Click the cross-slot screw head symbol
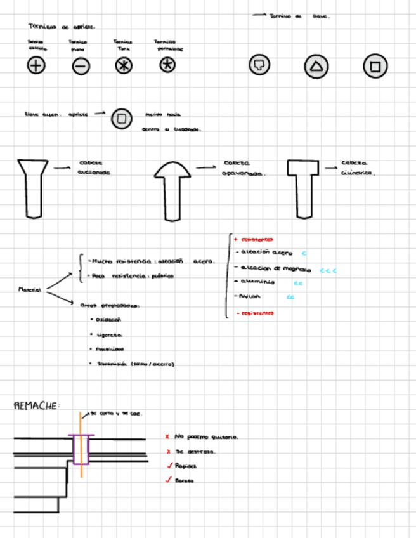(36, 65)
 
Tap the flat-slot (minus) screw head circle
(81, 65)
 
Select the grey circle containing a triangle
(316, 66)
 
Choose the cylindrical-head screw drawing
(302, 187)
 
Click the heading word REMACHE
(36, 405)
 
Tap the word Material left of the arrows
(30, 290)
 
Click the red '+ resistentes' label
(254, 239)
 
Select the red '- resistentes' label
(254, 313)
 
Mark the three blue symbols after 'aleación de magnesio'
(327, 270)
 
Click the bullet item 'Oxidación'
(107, 320)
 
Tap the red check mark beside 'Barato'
(169, 480)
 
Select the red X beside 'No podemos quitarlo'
(167, 436)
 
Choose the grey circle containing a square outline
(375, 66)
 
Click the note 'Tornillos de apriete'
(62, 27)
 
